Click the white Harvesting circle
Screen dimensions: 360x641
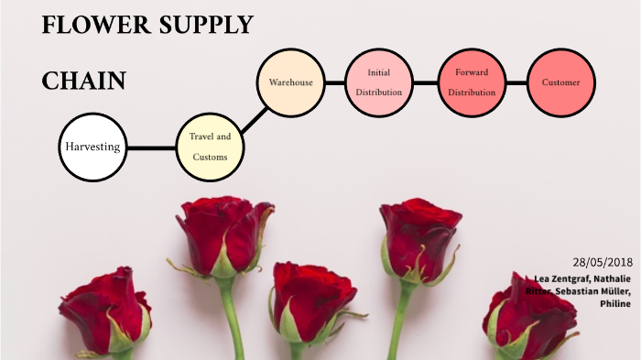pos(92,147)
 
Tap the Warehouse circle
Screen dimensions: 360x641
pos(290,82)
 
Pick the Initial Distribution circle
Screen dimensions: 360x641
pos(378,82)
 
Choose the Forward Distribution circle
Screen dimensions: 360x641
pos(472,82)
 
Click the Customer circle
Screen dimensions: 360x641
pos(560,82)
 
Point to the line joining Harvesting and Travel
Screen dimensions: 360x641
pos(151,147)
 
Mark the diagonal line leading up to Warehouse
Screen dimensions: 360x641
pos(250,115)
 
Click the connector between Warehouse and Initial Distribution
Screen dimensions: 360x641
pos(334,82)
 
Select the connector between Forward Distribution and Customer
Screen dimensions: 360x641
pos(516,82)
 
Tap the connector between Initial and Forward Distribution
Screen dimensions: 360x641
pos(425,82)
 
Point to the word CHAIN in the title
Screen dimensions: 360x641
pos(83,82)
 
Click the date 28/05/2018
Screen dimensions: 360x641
pos(603,261)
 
